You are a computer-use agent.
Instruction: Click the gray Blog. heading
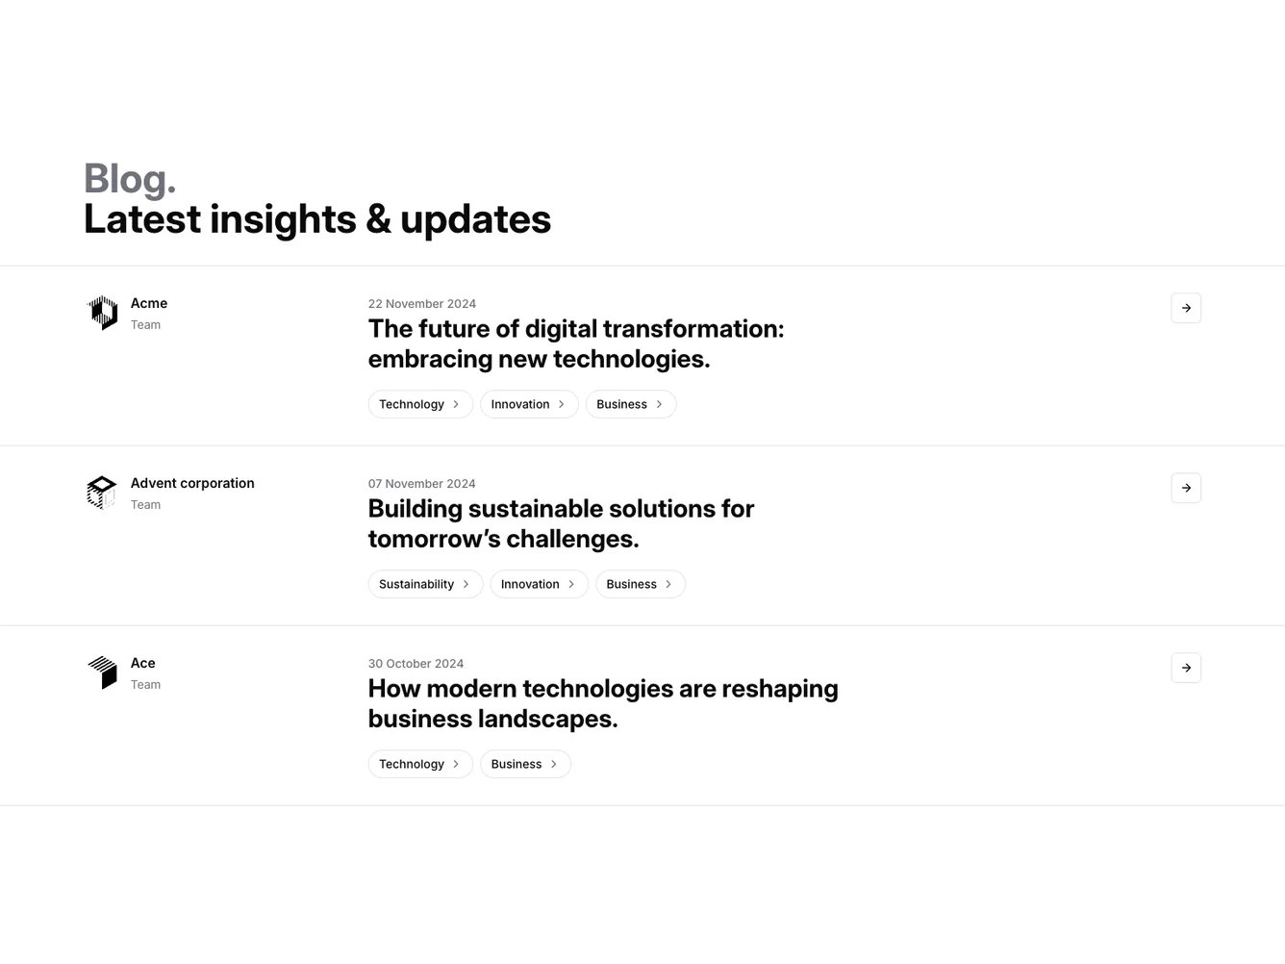point(130,179)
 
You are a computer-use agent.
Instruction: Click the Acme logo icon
point(103,313)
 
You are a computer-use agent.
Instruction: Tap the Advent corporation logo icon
point(102,493)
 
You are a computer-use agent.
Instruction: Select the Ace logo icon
point(103,672)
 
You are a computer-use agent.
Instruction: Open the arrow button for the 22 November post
point(1186,308)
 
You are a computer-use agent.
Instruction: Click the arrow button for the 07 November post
point(1186,488)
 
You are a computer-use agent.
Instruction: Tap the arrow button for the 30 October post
point(1186,668)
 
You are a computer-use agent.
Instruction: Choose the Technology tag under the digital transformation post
point(419,404)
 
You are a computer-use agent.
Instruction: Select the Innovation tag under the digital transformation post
point(529,404)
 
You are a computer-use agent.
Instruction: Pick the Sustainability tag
point(425,584)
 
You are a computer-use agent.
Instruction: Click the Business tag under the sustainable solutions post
point(640,584)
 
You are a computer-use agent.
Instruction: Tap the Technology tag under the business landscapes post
point(419,764)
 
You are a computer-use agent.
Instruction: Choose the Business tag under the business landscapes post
point(525,764)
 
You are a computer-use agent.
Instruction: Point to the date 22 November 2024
point(421,304)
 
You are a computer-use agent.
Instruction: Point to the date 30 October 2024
point(416,664)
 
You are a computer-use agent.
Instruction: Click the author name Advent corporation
point(192,484)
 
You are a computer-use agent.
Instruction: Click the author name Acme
point(149,303)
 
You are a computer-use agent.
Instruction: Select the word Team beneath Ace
point(145,685)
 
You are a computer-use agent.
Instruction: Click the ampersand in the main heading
point(378,219)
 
